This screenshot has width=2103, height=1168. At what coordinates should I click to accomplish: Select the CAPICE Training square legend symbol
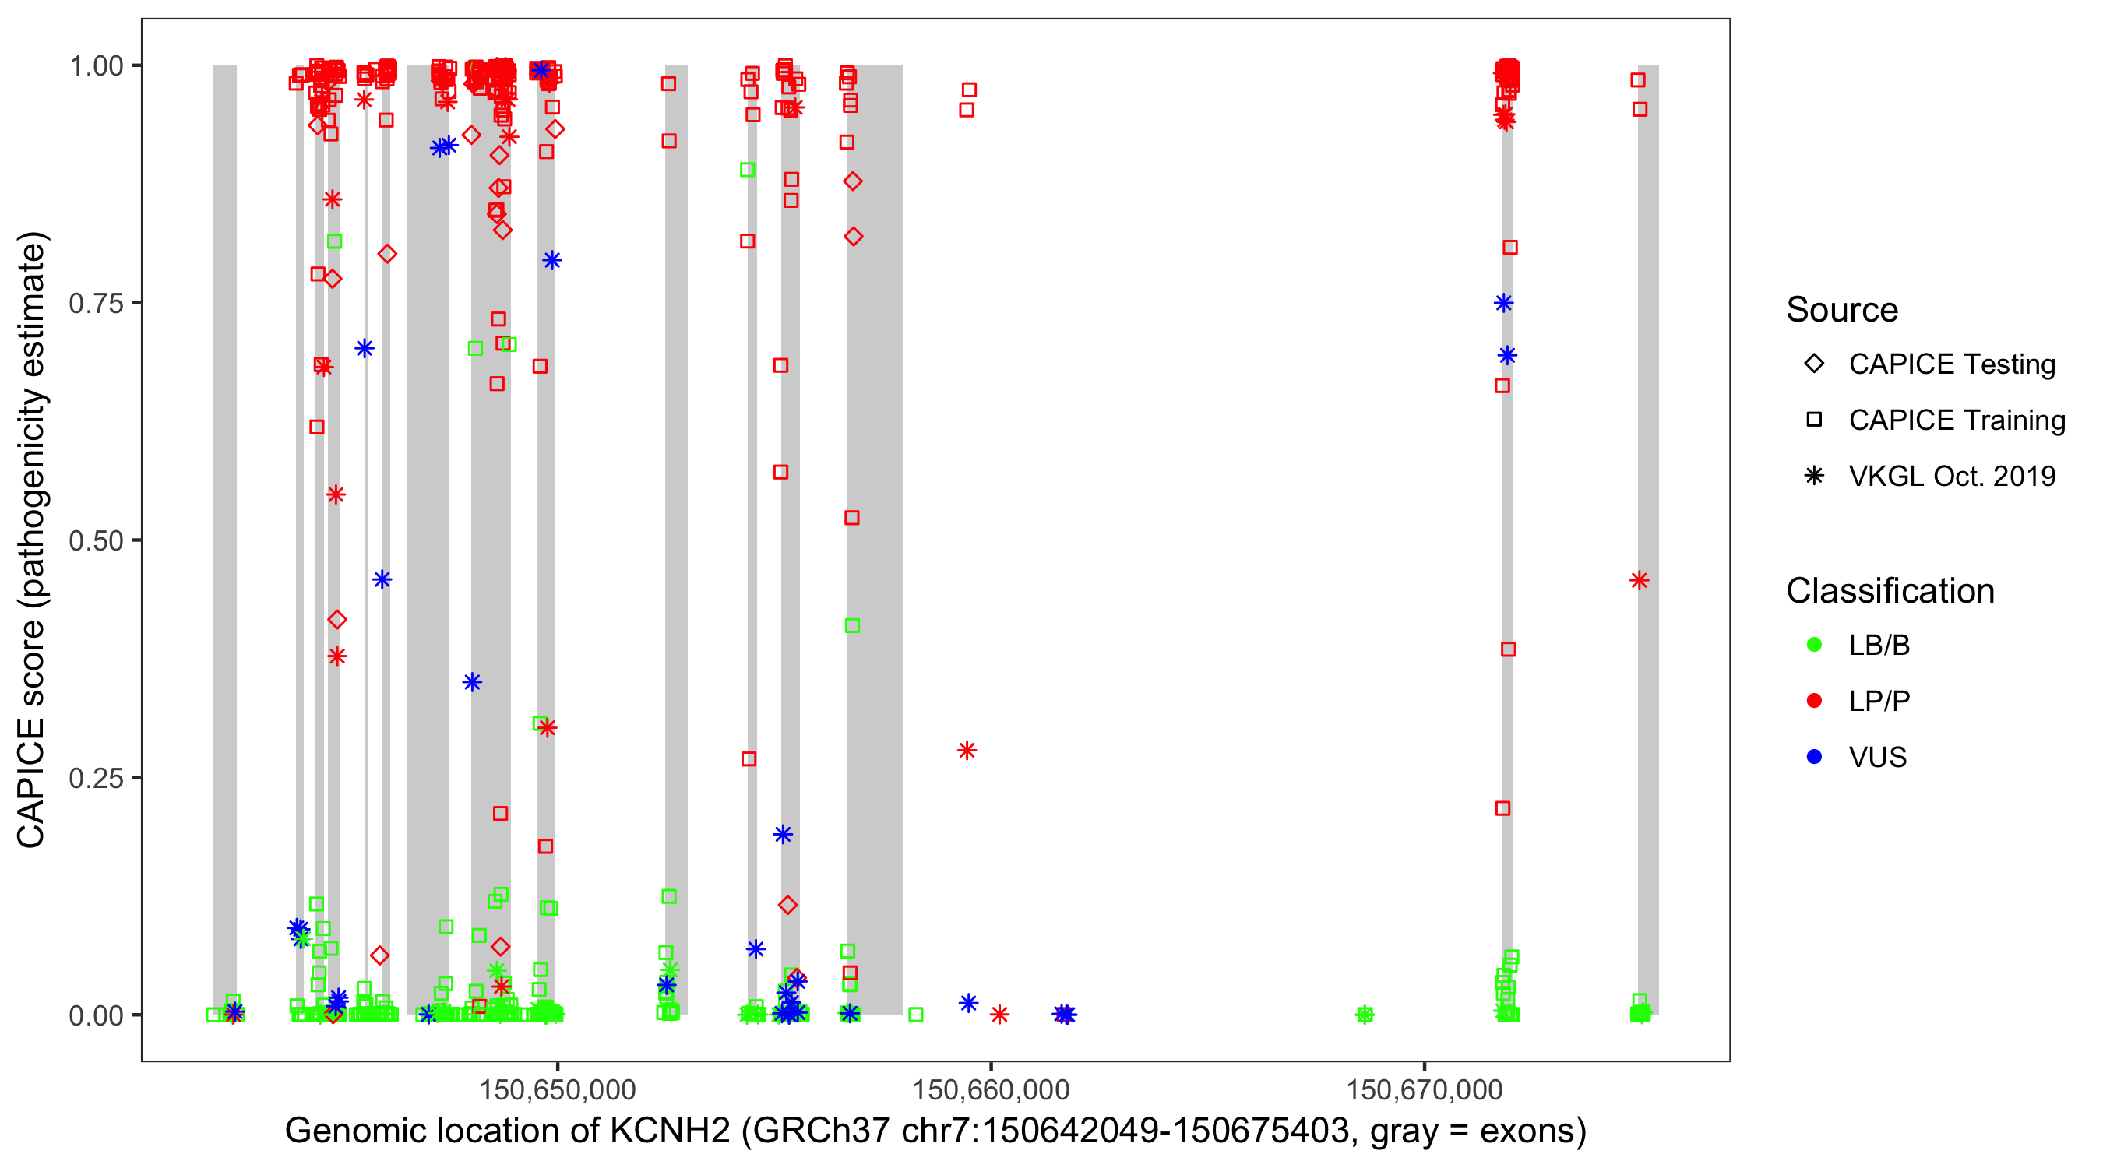tap(1814, 420)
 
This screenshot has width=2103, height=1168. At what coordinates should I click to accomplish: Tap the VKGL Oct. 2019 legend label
tap(1952, 476)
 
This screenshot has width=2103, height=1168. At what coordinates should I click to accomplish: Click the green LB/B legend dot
tap(1814, 645)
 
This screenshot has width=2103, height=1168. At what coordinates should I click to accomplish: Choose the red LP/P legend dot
tap(1814, 701)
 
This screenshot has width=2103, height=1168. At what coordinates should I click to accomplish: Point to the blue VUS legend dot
tap(1814, 757)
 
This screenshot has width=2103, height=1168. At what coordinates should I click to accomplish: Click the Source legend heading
tap(1842, 310)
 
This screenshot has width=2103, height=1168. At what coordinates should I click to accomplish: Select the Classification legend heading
tap(1890, 591)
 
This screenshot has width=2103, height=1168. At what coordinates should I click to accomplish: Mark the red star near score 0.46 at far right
tap(1640, 580)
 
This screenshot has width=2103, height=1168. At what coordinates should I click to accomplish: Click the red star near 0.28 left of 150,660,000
tap(967, 750)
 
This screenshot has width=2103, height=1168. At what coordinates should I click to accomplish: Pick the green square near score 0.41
tap(852, 625)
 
